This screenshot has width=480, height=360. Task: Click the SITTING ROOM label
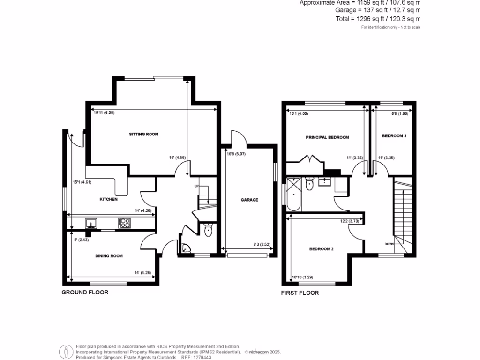[144, 134]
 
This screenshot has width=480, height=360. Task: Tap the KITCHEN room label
[108, 199]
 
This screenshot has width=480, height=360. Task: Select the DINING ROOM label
[109, 256]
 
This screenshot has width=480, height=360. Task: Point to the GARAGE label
[249, 200]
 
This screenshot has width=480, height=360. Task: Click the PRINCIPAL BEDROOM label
[327, 137]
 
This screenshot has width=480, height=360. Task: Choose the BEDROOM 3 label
[394, 136]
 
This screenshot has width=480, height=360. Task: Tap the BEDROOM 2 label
[321, 249]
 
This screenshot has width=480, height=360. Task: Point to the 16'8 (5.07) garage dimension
[236, 154]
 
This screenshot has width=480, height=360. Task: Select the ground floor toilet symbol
[209, 230]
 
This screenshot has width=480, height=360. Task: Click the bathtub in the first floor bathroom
[295, 194]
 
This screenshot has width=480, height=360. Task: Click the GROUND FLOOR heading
[85, 292]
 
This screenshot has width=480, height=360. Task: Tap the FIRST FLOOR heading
[300, 293]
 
